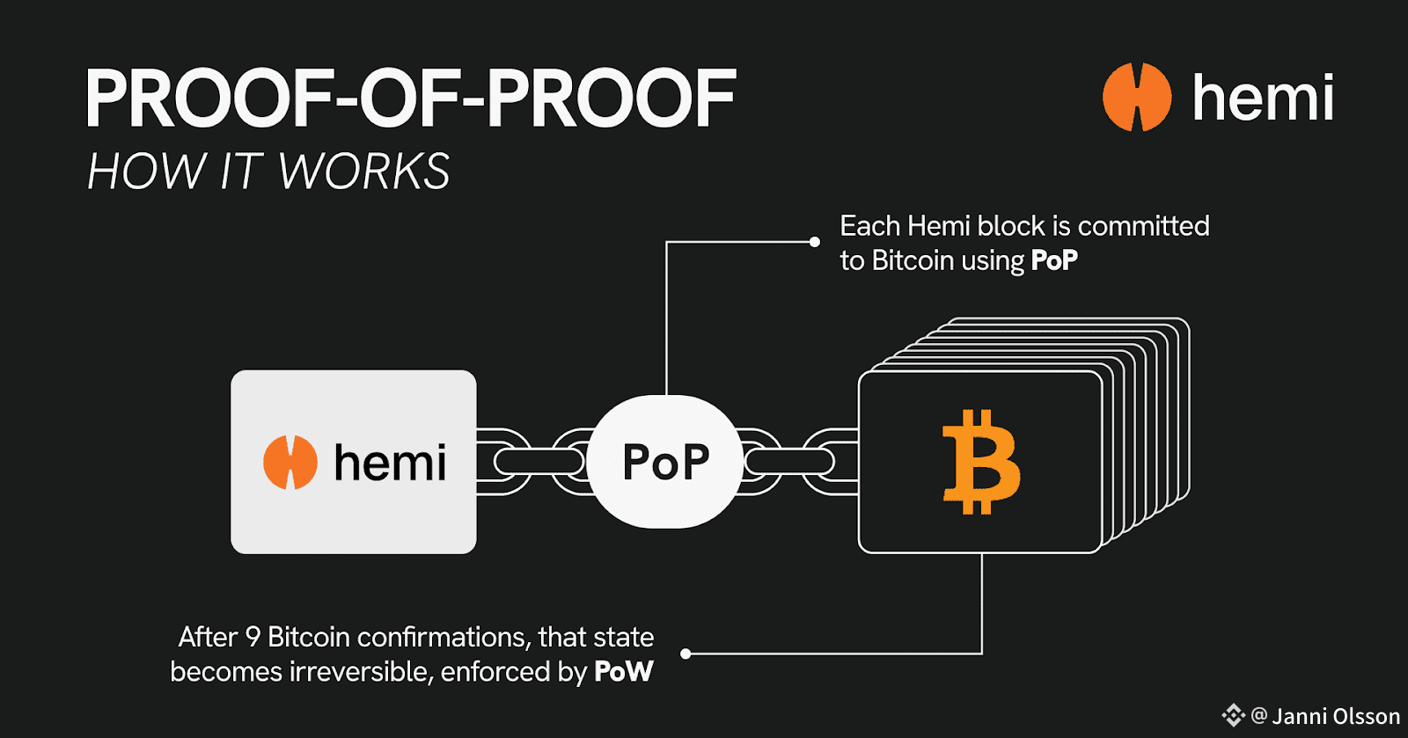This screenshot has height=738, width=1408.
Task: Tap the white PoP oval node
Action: [665, 462]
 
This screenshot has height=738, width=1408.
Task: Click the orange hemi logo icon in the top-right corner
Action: [1137, 97]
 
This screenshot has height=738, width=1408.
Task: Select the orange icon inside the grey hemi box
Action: [290, 462]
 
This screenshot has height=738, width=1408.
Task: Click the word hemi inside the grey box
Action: [390, 463]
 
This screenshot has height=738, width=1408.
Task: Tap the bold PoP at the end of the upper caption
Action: [1054, 260]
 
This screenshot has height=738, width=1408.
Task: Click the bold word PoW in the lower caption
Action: [624, 672]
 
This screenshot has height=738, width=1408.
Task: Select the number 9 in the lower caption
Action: [253, 637]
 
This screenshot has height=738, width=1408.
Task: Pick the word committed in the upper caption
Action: [1143, 226]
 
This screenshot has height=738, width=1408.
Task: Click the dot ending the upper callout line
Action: [815, 242]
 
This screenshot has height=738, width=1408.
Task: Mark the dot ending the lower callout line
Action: [686, 654]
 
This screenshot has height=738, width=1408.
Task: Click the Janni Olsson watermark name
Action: [1336, 716]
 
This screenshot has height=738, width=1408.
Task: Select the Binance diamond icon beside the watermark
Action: [1233, 716]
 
